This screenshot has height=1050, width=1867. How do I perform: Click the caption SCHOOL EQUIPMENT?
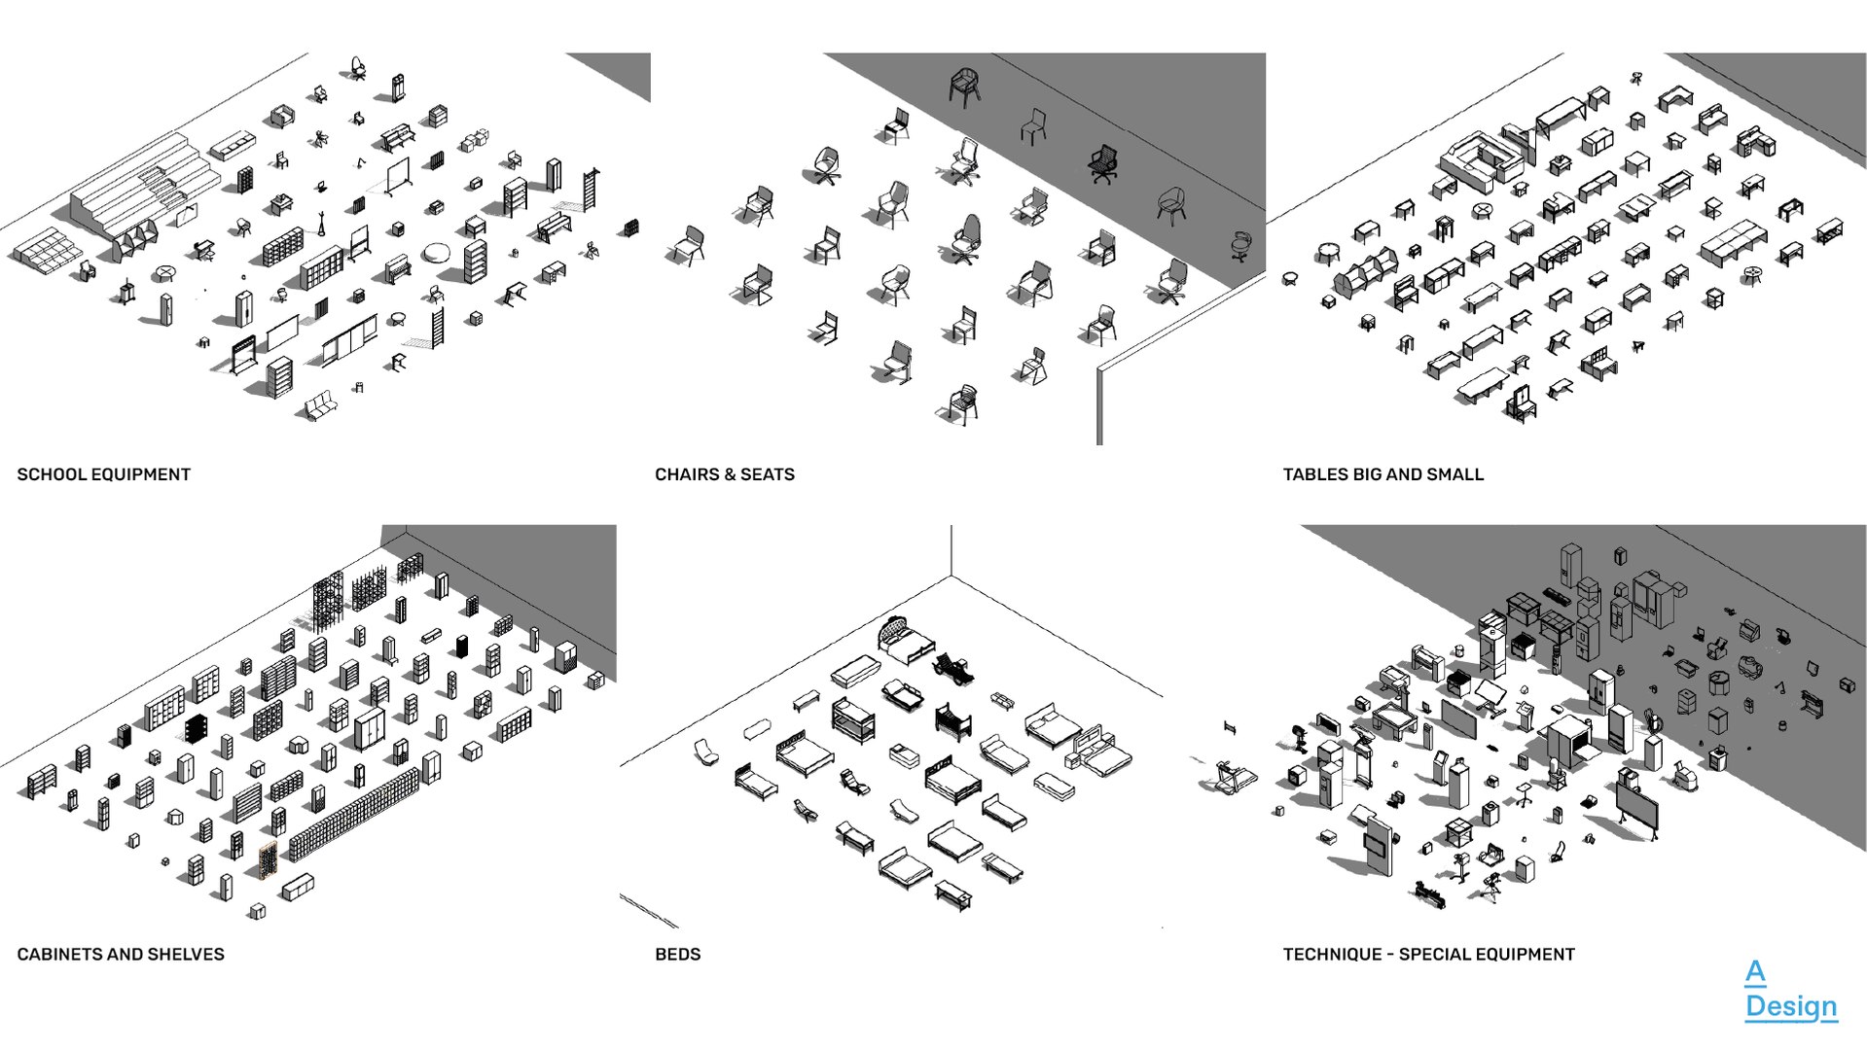[x=103, y=474]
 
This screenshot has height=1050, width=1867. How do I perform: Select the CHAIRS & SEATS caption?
[x=724, y=474]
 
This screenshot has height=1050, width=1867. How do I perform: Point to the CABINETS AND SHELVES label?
[x=121, y=955]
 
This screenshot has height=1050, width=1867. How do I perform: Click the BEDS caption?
[x=677, y=955]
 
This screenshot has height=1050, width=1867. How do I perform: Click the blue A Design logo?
[x=1790, y=990]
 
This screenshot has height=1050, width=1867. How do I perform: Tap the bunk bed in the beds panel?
[x=853, y=720]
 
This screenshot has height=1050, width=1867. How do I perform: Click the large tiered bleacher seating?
[x=146, y=185]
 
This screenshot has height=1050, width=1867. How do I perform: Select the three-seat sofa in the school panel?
[x=319, y=405]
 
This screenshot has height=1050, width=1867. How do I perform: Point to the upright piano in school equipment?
[x=397, y=269]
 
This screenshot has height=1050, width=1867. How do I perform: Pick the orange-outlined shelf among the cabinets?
[x=268, y=860]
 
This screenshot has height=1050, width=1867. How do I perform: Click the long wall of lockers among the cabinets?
[x=354, y=814]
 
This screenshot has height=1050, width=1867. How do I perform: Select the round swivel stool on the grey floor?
[x=1240, y=245]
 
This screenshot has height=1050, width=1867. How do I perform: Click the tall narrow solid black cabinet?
[x=462, y=646]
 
